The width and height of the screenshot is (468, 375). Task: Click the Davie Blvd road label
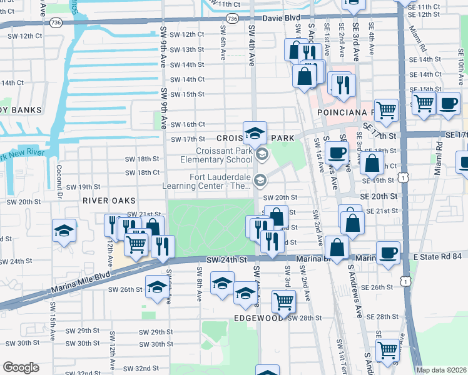pos(275,19)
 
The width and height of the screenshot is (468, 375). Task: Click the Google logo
pos(21,367)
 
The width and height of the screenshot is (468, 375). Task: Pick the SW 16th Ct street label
pos(188,124)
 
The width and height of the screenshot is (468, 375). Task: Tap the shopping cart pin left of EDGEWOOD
pos(283,302)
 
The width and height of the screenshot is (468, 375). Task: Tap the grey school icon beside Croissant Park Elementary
pos(262,154)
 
